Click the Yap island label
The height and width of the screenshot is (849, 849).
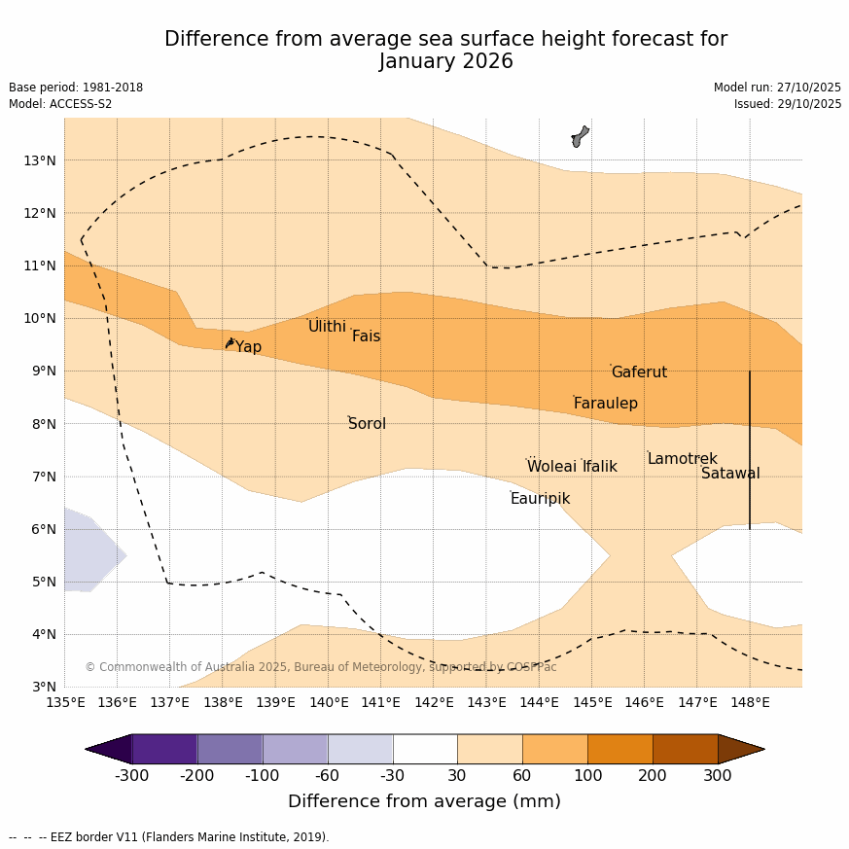[x=248, y=347]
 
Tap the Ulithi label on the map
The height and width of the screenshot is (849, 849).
[x=327, y=327]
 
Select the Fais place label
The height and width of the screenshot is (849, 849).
[x=366, y=336]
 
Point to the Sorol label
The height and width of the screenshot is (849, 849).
[x=367, y=424]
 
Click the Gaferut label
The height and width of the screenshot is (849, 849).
[x=639, y=372]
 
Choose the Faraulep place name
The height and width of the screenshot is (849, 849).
[x=605, y=404]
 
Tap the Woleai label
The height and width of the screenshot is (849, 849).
[x=551, y=467]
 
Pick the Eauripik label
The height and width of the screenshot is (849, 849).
[x=540, y=499]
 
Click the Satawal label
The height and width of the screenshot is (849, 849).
[x=730, y=474]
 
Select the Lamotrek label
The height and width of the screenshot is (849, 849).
[x=682, y=459]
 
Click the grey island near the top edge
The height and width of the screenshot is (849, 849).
[x=580, y=136]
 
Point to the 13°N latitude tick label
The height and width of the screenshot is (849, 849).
[x=39, y=160]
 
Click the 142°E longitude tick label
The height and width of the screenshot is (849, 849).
[x=434, y=702]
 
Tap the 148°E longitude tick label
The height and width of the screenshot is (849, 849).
[x=750, y=702]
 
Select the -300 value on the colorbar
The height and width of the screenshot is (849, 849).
[x=131, y=776]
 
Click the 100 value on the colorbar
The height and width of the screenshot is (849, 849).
[x=587, y=776]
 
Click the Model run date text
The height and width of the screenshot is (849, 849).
[x=777, y=88]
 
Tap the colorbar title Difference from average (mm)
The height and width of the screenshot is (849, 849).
[x=424, y=802]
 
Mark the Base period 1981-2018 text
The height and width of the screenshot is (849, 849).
[x=76, y=88]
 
